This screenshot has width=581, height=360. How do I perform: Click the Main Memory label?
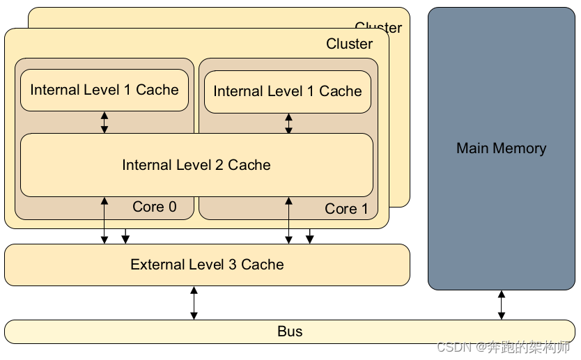coord(501,148)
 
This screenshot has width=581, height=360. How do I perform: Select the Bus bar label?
coord(290,331)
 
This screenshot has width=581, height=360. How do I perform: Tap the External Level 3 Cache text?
coord(207,265)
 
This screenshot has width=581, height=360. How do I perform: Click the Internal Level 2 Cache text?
coord(196,165)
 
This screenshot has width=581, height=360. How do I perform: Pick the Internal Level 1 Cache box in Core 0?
coord(104,90)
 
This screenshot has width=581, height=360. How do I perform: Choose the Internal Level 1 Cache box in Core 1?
coord(288,91)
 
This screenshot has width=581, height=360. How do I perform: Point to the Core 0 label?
coord(154,207)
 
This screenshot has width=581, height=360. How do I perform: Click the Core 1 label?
coord(346,209)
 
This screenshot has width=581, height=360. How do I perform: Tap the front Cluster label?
coord(349,44)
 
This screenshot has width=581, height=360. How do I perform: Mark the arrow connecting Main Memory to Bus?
coord(501,305)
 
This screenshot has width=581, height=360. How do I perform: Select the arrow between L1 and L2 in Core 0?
coord(104,122)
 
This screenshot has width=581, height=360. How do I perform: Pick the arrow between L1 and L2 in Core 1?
coord(288,123)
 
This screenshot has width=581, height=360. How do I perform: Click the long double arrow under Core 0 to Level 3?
coord(104,220)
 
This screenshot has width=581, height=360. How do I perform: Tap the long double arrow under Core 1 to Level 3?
coord(288,220)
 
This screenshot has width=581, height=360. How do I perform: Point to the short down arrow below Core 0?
coord(125,236)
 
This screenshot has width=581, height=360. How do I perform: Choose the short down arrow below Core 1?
coord(310,236)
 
